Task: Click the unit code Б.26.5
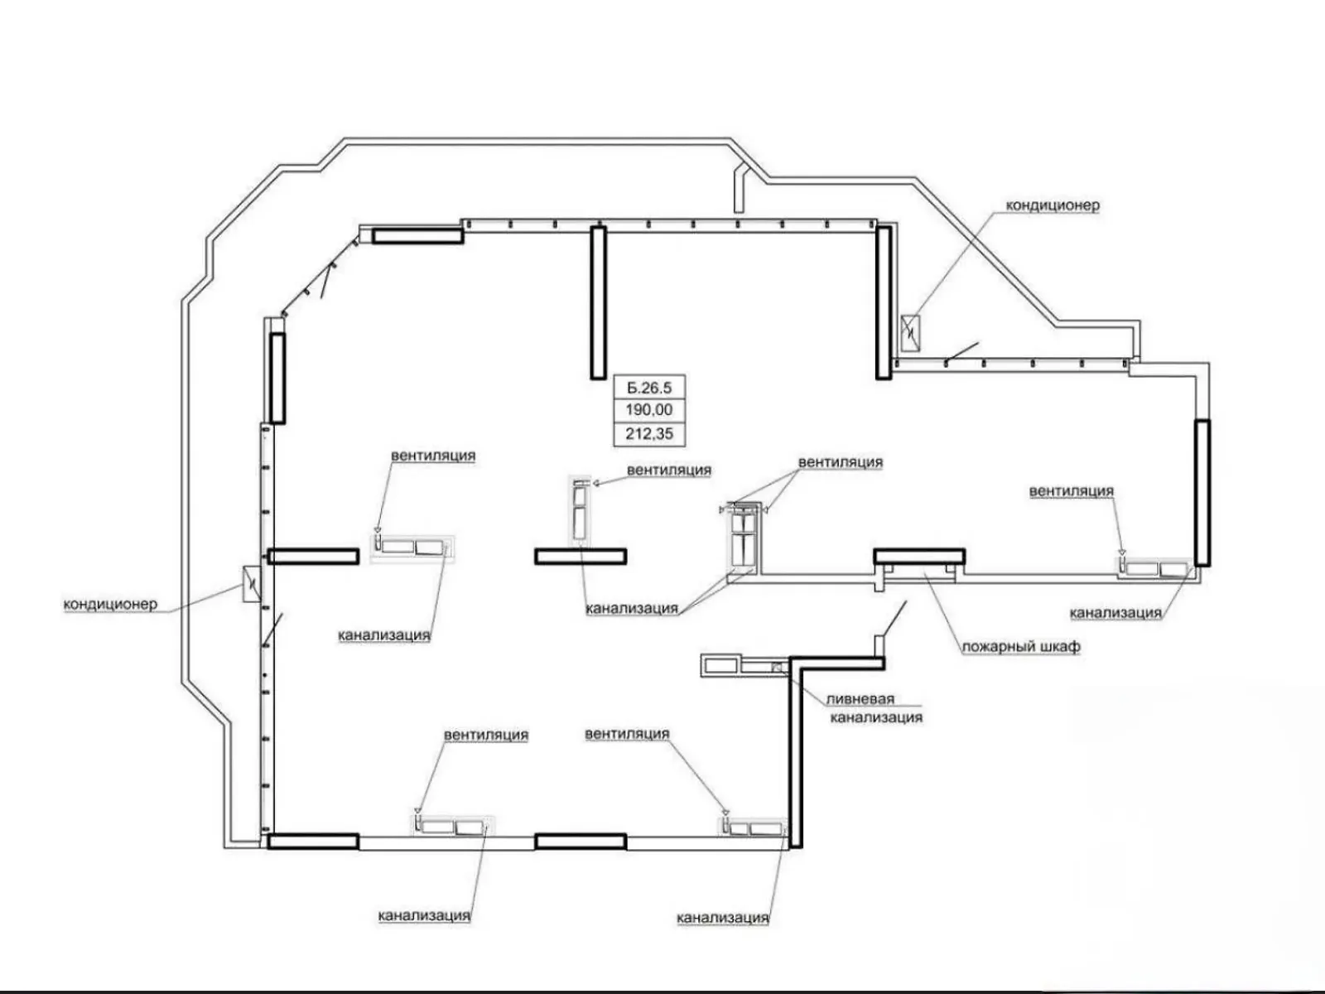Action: tap(649, 388)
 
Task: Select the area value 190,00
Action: tap(649, 410)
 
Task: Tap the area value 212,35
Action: tap(649, 434)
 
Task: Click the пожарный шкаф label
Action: tap(1021, 648)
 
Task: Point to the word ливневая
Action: tap(860, 699)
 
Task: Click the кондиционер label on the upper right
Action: tap(1053, 205)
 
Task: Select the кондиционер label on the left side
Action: tap(110, 604)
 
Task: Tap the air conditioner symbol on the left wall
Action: tap(252, 584)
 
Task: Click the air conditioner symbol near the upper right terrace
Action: tap(909, 333)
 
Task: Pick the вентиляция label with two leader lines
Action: tap(841, 462)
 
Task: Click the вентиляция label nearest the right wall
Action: tap(1072, 492)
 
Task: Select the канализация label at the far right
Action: tap(1115, 613)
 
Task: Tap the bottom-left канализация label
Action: tap(424, 915)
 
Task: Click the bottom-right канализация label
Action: tap(723, 918)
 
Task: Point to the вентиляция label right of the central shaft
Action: tap(669, 470)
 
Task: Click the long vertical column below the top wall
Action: tap(598, 302)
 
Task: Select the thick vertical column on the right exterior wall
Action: tap(1202, 493)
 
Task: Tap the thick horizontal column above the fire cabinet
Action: tap(919, 556)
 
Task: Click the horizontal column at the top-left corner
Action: tap(417, 235)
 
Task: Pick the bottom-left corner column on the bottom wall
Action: tap(313, 842)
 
